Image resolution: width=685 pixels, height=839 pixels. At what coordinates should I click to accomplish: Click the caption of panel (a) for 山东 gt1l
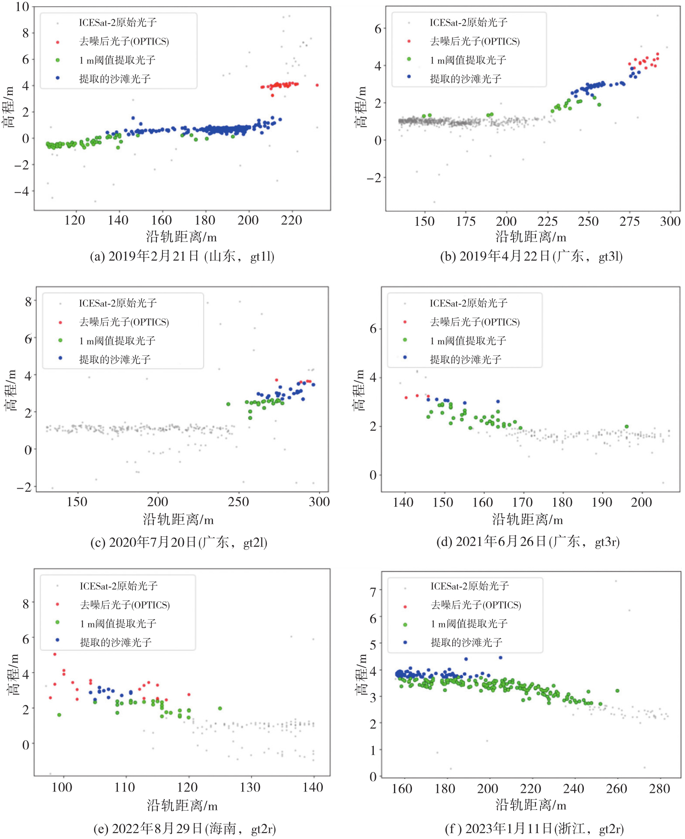[x=182, y=256]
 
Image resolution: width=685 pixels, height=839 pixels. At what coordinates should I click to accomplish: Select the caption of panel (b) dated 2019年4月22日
[x=531, y=256]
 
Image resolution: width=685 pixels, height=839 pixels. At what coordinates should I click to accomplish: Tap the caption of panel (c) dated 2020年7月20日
[x=179, y=542]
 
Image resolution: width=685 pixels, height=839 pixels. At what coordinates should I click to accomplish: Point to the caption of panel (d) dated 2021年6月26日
[x=528, y=542]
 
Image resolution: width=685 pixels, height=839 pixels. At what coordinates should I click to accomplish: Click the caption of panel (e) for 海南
[x=185, y=828]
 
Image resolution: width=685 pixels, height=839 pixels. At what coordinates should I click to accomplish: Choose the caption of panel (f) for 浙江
[x=534, y=828]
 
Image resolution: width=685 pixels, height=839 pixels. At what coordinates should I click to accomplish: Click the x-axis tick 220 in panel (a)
[x=291, y=220]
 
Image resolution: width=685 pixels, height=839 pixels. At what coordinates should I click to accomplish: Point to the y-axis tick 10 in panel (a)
[x=22, y=7]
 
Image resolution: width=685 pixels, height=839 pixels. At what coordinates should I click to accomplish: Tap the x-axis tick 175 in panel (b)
[x=466, y=221]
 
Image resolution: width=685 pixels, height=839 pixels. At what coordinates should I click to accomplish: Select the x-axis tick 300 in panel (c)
[x=319, y=502]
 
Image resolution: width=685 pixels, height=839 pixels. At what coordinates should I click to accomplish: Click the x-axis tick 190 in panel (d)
[x=602, y=502]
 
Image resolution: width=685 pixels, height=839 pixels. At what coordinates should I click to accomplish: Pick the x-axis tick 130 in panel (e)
[x=250, y=787]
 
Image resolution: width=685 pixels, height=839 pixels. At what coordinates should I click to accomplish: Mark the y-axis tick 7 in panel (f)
[x=373, y=592]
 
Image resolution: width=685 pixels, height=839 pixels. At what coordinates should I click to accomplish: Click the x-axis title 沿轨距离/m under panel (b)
[x=531, y=237]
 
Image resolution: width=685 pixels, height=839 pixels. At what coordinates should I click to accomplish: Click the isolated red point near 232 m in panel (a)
[x=317, y=85]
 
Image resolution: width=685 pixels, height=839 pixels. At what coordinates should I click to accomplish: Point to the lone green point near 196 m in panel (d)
[x=626, y=427]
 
